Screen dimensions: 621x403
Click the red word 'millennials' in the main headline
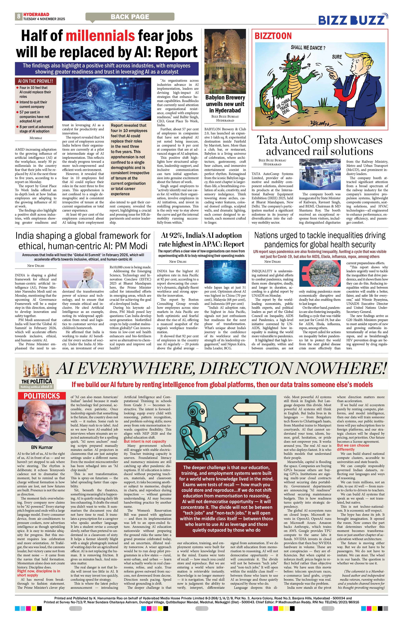pos(100,36)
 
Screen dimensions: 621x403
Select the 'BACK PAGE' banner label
pos(130,17)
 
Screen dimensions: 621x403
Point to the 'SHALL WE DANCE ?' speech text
pos(308,48)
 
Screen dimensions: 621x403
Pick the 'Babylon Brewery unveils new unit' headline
pos(225,104)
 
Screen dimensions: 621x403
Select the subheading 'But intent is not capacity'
pos(145,441)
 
